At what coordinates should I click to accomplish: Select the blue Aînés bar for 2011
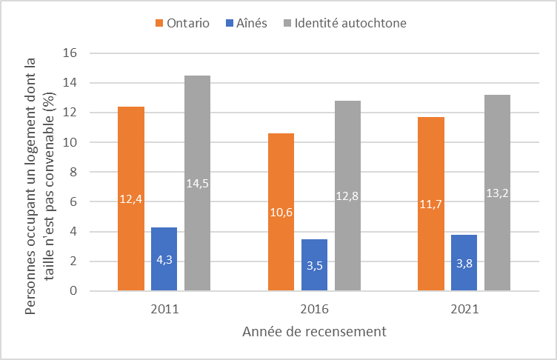[x=164, y=259]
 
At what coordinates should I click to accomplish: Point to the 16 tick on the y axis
[x=71, y=53]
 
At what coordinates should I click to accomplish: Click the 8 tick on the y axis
[x=74, y=172]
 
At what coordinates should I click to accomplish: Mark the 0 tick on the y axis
[x=74, y=291]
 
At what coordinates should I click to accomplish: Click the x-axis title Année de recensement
[x=314, y=332]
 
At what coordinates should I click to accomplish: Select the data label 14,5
[x=197, y=183]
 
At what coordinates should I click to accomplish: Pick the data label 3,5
[x=314, y=265]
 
